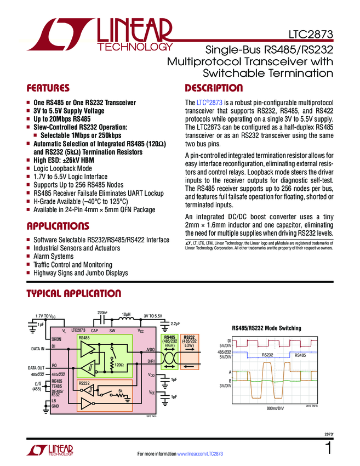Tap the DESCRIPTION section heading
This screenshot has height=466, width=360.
214,88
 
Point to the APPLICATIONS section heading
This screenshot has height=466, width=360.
58,226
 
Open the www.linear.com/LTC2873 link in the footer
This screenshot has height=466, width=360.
200,454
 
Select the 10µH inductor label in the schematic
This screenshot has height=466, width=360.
125,314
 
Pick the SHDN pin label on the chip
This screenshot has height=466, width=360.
57,340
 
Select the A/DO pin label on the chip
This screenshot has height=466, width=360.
151,349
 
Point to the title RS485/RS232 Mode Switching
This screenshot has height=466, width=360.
267,328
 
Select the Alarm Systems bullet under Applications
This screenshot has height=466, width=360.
53,257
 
